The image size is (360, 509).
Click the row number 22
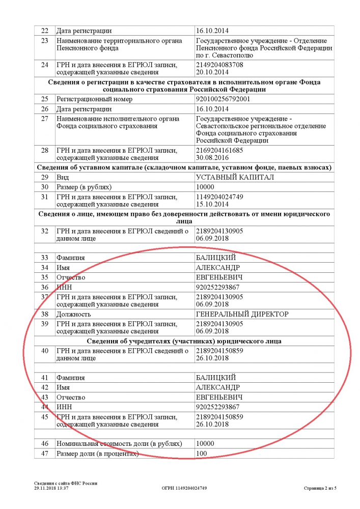[44, 31]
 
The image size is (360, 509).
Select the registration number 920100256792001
[223, 99]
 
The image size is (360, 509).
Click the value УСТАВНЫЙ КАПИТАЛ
[235, 177]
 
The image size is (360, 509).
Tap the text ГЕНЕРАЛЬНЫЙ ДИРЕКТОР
[242, 314]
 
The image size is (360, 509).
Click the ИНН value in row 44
[217, 407]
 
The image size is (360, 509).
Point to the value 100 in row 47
[202, 453]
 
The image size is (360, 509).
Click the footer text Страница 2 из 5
[320, 488]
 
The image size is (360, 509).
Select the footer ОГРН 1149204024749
[184, 488]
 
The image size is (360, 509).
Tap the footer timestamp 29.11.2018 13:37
[51, 488]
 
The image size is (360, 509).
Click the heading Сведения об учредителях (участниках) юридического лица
[184, 341]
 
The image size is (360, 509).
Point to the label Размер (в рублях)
[84, 187]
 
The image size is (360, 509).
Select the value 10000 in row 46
[205, 443]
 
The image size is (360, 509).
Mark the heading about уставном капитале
[184, 167]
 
